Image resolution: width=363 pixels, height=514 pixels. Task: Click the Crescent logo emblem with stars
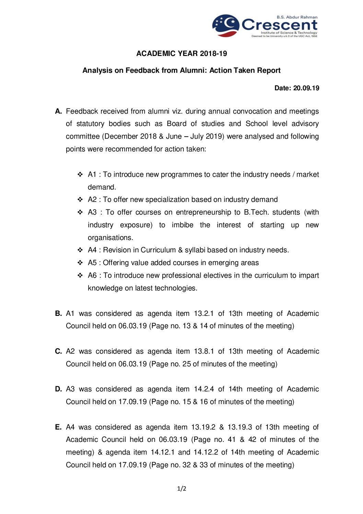click(225, 25)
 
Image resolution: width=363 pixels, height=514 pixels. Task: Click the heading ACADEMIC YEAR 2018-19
click(181, 54)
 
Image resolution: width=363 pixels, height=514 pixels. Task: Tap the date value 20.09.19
click(306, 88)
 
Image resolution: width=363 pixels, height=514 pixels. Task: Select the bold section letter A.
click(58, 111)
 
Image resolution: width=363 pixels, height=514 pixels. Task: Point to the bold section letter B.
click(58, 313)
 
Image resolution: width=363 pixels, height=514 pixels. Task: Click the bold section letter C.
click(58, 351)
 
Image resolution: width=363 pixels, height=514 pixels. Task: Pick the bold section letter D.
click(58, 389)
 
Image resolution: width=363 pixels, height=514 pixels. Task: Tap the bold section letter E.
click(58, 427)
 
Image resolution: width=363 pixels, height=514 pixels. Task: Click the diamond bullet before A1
click(80, 174)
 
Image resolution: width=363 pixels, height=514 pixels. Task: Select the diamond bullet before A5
click(80, 263)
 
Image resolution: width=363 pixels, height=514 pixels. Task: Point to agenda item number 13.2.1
click(204, 313)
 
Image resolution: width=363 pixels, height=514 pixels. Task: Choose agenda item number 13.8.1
click(204, 351)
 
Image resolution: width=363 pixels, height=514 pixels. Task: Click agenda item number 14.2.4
click(204, 389)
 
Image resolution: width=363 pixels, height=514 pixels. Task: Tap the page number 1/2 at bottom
click(181, 489)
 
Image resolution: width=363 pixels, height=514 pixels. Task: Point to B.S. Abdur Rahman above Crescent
click(297, 17)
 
